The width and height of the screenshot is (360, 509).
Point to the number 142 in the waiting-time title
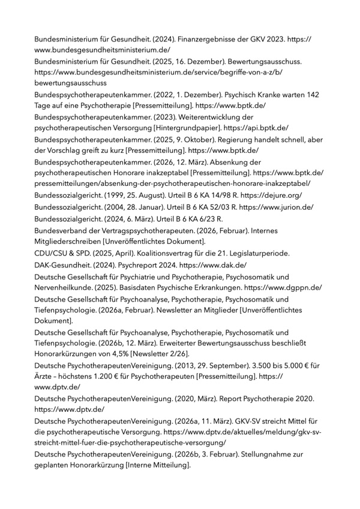313,95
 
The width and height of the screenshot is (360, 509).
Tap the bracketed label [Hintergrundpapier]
188,128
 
